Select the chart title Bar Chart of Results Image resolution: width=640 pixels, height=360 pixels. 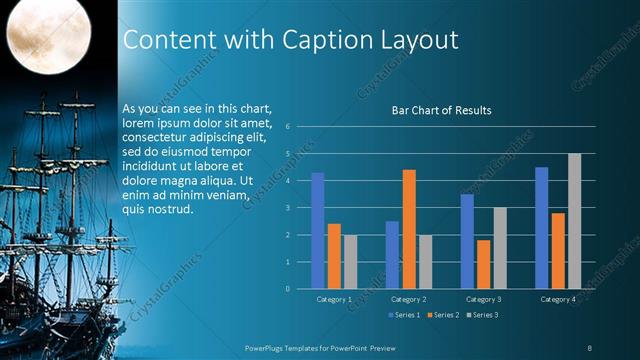441,110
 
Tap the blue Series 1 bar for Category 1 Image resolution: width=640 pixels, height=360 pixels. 318,230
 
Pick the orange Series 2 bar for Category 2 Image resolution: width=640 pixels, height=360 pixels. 408,229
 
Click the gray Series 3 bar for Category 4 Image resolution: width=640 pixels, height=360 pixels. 574,221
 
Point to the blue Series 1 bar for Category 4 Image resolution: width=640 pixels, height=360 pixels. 542,227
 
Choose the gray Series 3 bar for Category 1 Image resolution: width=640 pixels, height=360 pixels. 350,261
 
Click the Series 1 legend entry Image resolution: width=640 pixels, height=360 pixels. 402,315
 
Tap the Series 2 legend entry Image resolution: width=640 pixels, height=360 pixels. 441,315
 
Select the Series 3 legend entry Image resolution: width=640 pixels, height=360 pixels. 481,315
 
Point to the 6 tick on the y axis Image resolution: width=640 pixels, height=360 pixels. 288,127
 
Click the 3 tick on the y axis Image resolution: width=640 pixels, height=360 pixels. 288,208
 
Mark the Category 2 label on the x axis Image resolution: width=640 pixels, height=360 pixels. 408,299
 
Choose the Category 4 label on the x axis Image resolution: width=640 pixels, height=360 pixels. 558,299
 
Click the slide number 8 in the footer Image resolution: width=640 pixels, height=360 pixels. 590,347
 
